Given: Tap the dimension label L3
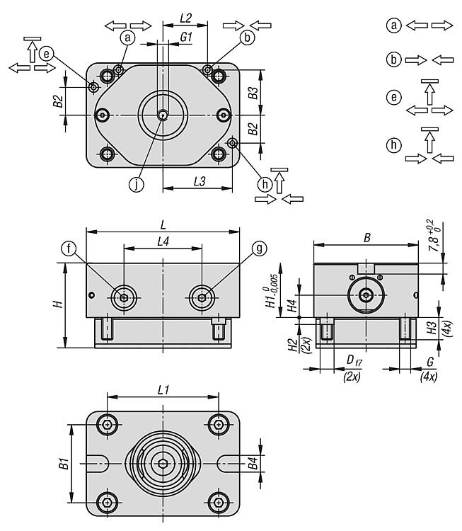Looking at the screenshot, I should pos(200,182).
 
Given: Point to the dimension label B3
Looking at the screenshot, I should pos(253,92).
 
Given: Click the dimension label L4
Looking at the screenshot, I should pos(163,241).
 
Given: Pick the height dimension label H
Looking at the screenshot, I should pos(59,304).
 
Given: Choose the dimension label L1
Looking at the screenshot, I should pos(163,390).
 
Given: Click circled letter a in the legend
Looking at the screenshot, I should pos(395,25).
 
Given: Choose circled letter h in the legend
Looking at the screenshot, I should pos(395,145).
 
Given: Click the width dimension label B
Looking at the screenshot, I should pos(367,239).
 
